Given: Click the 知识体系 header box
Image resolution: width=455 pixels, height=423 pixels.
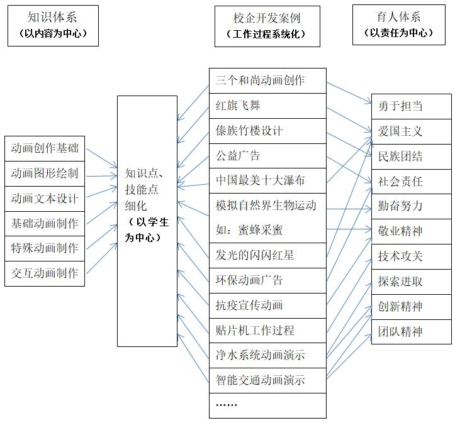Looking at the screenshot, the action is pos(53,26).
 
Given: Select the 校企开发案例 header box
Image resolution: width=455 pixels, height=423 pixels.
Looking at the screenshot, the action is pos(267,26).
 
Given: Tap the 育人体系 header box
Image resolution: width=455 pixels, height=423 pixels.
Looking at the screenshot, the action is pos(399,25).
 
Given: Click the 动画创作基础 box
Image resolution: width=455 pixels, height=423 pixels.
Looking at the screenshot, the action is pos(45,148).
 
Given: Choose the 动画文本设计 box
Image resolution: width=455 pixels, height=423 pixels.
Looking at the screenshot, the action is pos(45,199).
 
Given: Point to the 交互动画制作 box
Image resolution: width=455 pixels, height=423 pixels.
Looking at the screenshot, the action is pos(45,274).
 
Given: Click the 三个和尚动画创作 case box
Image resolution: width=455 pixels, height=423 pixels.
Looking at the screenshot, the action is pos(267,81).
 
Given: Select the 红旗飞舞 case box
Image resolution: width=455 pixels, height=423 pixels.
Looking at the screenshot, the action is pos(267,106).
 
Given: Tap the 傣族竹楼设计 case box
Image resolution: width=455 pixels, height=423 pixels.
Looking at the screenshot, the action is pos(267,131).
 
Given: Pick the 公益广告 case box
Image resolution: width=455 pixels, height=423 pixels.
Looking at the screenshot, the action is pos(267,156).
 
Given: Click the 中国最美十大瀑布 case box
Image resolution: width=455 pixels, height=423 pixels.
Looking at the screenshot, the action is pos(267,181).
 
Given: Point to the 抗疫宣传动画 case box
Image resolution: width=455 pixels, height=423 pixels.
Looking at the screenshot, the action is pos(267,305).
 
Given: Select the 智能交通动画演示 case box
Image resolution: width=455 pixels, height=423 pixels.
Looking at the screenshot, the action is pos(267,380).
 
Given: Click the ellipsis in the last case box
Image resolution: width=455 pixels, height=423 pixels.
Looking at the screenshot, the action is pos(227,405).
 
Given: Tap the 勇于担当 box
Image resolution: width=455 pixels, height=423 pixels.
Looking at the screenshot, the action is pos(412,106).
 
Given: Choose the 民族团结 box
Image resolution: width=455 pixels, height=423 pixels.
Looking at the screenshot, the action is pos(412,157).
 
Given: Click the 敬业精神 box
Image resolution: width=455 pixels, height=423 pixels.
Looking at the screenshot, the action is pos(412,231).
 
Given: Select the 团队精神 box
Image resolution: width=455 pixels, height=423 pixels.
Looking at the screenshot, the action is pos(412,332).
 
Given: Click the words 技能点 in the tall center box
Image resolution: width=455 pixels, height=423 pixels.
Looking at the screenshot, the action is pos(142,190).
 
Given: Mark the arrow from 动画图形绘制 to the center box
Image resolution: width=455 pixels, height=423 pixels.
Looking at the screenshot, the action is pos(101,176).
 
